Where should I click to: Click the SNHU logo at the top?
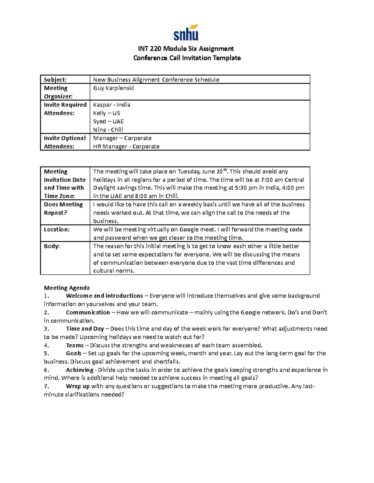point(186,33)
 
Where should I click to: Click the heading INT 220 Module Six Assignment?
point(186,49)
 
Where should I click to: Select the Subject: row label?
point(55,80)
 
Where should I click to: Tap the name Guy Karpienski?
point(113,88)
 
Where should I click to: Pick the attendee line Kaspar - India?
point(112,105)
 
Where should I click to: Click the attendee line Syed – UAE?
point(108,122)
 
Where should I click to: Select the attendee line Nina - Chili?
point(108,130)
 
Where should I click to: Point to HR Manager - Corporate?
point(126,146)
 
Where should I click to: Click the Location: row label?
point(57,230)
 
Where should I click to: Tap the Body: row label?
point(52,246)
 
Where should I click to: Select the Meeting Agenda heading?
point(67,288)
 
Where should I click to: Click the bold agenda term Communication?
point(88,312)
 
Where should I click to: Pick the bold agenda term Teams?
point(75,345)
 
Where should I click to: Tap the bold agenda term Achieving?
point(79,370)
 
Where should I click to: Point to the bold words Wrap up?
point(78,386)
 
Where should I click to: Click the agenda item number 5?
point(46,353)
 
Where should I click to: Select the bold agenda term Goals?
point(74,353)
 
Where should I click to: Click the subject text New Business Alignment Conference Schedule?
point(156,80)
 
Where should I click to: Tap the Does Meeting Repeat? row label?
point(64,209)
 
